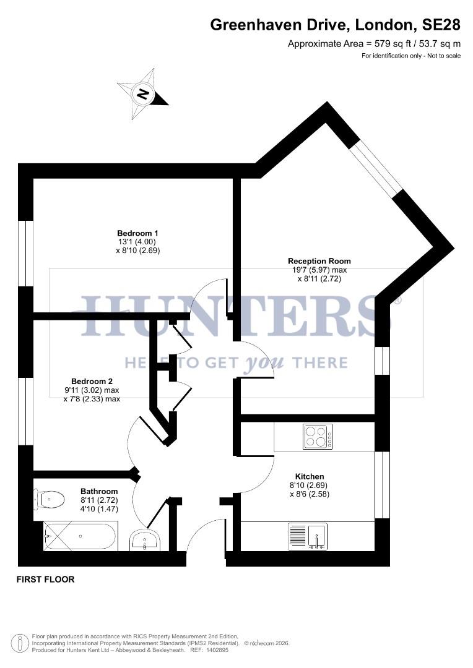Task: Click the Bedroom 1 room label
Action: tap(138, 233)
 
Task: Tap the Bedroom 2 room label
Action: tap(92, 382)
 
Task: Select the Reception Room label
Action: tap(319, 261)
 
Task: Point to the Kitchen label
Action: tap(310, 476)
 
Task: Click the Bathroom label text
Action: tap(99, 492)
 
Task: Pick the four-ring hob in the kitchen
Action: tap(318, 437)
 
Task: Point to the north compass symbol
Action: tap(143, 94)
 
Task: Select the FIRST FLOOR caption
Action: tap(45, 580)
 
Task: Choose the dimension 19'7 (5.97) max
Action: tap(319, 270)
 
